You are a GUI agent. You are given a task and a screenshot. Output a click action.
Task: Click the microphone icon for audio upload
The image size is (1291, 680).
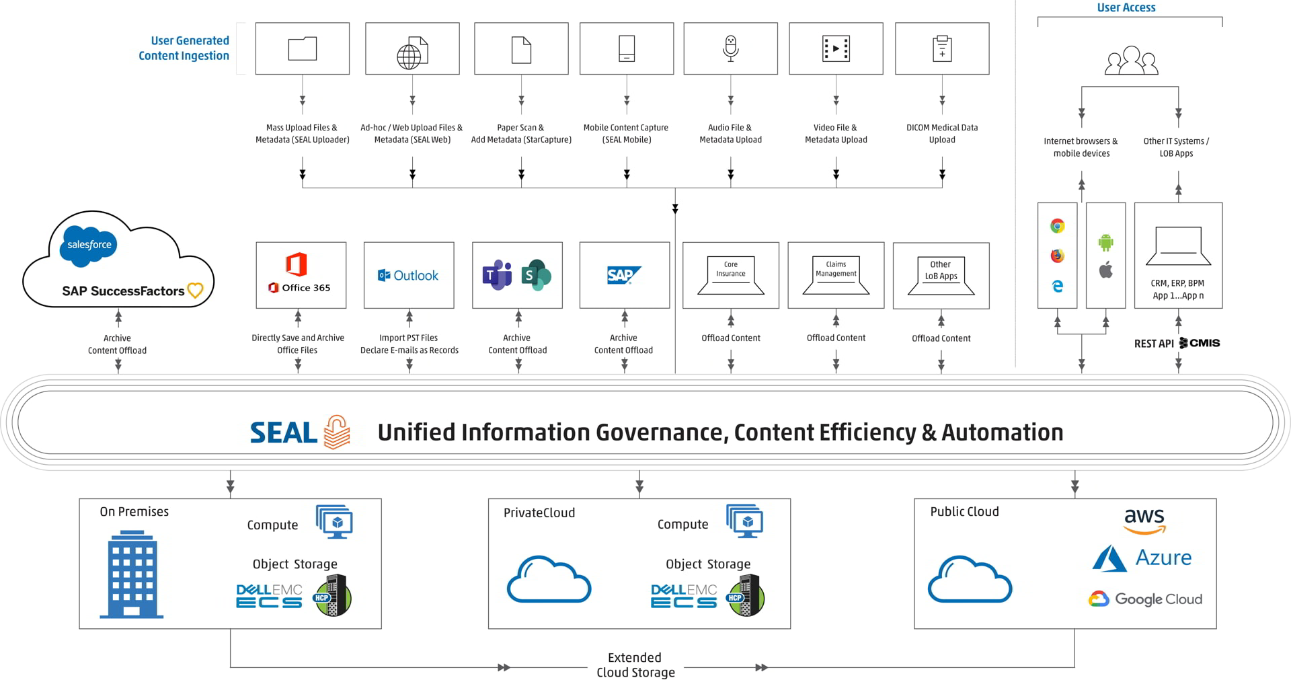coord(730,48)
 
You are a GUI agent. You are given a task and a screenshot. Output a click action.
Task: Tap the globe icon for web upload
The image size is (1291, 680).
coord(412,53)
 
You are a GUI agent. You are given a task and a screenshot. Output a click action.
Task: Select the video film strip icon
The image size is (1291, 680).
coord(836,48)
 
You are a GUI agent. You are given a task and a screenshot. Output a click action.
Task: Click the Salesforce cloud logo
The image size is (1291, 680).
coord(89,245)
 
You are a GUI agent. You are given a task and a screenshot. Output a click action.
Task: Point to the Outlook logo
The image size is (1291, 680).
coord(408,275)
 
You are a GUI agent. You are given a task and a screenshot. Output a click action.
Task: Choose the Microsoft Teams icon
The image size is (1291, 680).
coord(498,274)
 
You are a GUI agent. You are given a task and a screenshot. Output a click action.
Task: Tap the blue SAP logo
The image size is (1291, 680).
coord(623,275)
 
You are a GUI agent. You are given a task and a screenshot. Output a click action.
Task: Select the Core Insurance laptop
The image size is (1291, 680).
coord(731,276)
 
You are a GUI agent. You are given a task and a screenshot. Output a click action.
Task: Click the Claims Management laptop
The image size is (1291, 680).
coord(836,276)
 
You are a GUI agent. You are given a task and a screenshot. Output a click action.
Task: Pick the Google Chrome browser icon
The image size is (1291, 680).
coord(1057,226)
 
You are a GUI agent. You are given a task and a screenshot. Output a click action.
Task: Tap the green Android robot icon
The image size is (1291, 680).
coord(1105,241)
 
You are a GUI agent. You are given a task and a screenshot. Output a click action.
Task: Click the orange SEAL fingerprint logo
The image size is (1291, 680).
coord(337,432)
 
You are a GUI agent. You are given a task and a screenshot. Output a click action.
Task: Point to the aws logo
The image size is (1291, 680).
coord(1144,520)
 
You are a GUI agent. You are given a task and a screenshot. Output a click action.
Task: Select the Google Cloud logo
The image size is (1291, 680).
coord(1145,599)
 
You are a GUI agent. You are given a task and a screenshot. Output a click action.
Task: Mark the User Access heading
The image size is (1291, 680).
coord(1126,7)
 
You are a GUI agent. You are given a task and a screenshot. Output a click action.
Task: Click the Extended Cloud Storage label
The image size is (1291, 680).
coord(635,665)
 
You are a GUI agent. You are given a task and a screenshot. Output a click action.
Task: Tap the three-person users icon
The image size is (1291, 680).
coord(1131,61)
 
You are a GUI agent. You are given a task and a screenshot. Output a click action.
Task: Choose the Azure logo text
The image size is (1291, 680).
coord(1163,558)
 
